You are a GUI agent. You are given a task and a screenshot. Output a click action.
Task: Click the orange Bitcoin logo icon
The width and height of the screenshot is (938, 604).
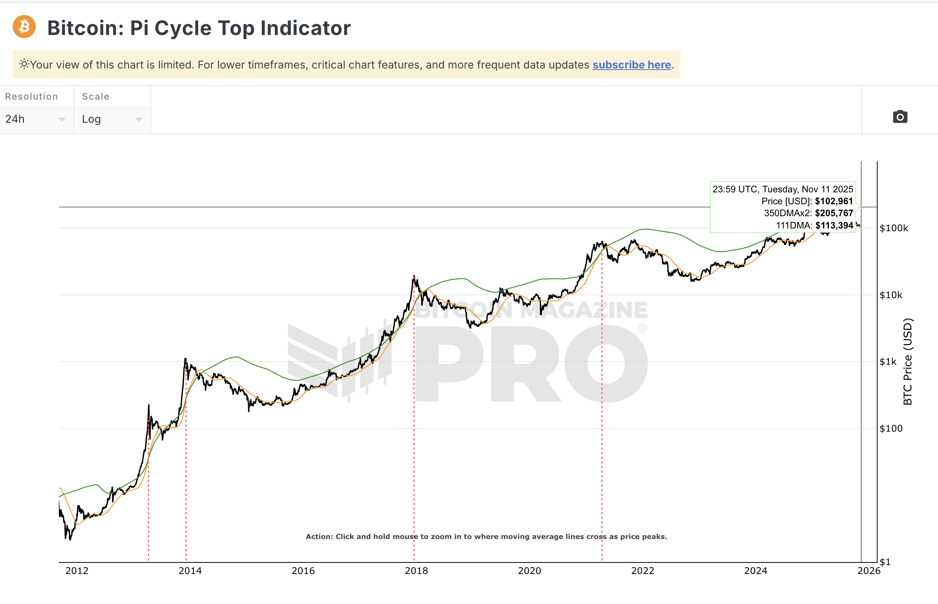[24, 27]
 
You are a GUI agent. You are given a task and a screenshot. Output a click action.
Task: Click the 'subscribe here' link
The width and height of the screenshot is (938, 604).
[631, 65]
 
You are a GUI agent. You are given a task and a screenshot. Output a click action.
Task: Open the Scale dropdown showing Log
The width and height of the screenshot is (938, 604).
[112, 119]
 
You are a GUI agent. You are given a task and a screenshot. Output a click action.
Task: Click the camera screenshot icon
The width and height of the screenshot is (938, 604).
[900, 117]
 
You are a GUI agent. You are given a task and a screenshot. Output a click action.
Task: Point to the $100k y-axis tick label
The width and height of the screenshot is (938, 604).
[893, 228]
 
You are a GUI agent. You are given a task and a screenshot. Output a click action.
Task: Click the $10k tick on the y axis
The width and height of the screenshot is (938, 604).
[891, 295]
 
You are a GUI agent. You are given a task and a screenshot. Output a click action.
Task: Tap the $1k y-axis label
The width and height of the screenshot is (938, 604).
[888, 362]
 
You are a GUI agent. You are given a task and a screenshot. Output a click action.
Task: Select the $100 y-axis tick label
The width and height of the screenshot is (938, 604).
[891, 428]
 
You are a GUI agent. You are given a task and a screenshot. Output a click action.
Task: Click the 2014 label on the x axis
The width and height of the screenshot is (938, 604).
[190, 571]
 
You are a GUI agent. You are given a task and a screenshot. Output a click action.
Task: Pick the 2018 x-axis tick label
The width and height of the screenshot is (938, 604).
[416, 571]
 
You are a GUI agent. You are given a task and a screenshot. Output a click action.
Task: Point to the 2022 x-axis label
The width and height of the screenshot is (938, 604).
[643, 571]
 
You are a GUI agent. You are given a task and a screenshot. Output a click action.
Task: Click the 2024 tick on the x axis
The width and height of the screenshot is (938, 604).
[756, 571]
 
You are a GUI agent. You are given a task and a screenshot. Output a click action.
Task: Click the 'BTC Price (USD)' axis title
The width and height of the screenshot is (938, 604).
[907, 362]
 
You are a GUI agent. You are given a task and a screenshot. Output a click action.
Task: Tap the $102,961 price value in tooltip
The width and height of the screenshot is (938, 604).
[834, 201]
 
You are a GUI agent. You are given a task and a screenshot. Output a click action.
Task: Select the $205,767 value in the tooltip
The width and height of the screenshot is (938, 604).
[834, 214]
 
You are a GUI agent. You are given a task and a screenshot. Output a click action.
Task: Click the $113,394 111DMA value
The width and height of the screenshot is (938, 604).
[834, 225]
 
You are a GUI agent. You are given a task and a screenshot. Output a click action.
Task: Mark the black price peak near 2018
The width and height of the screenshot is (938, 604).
[414, 277]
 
